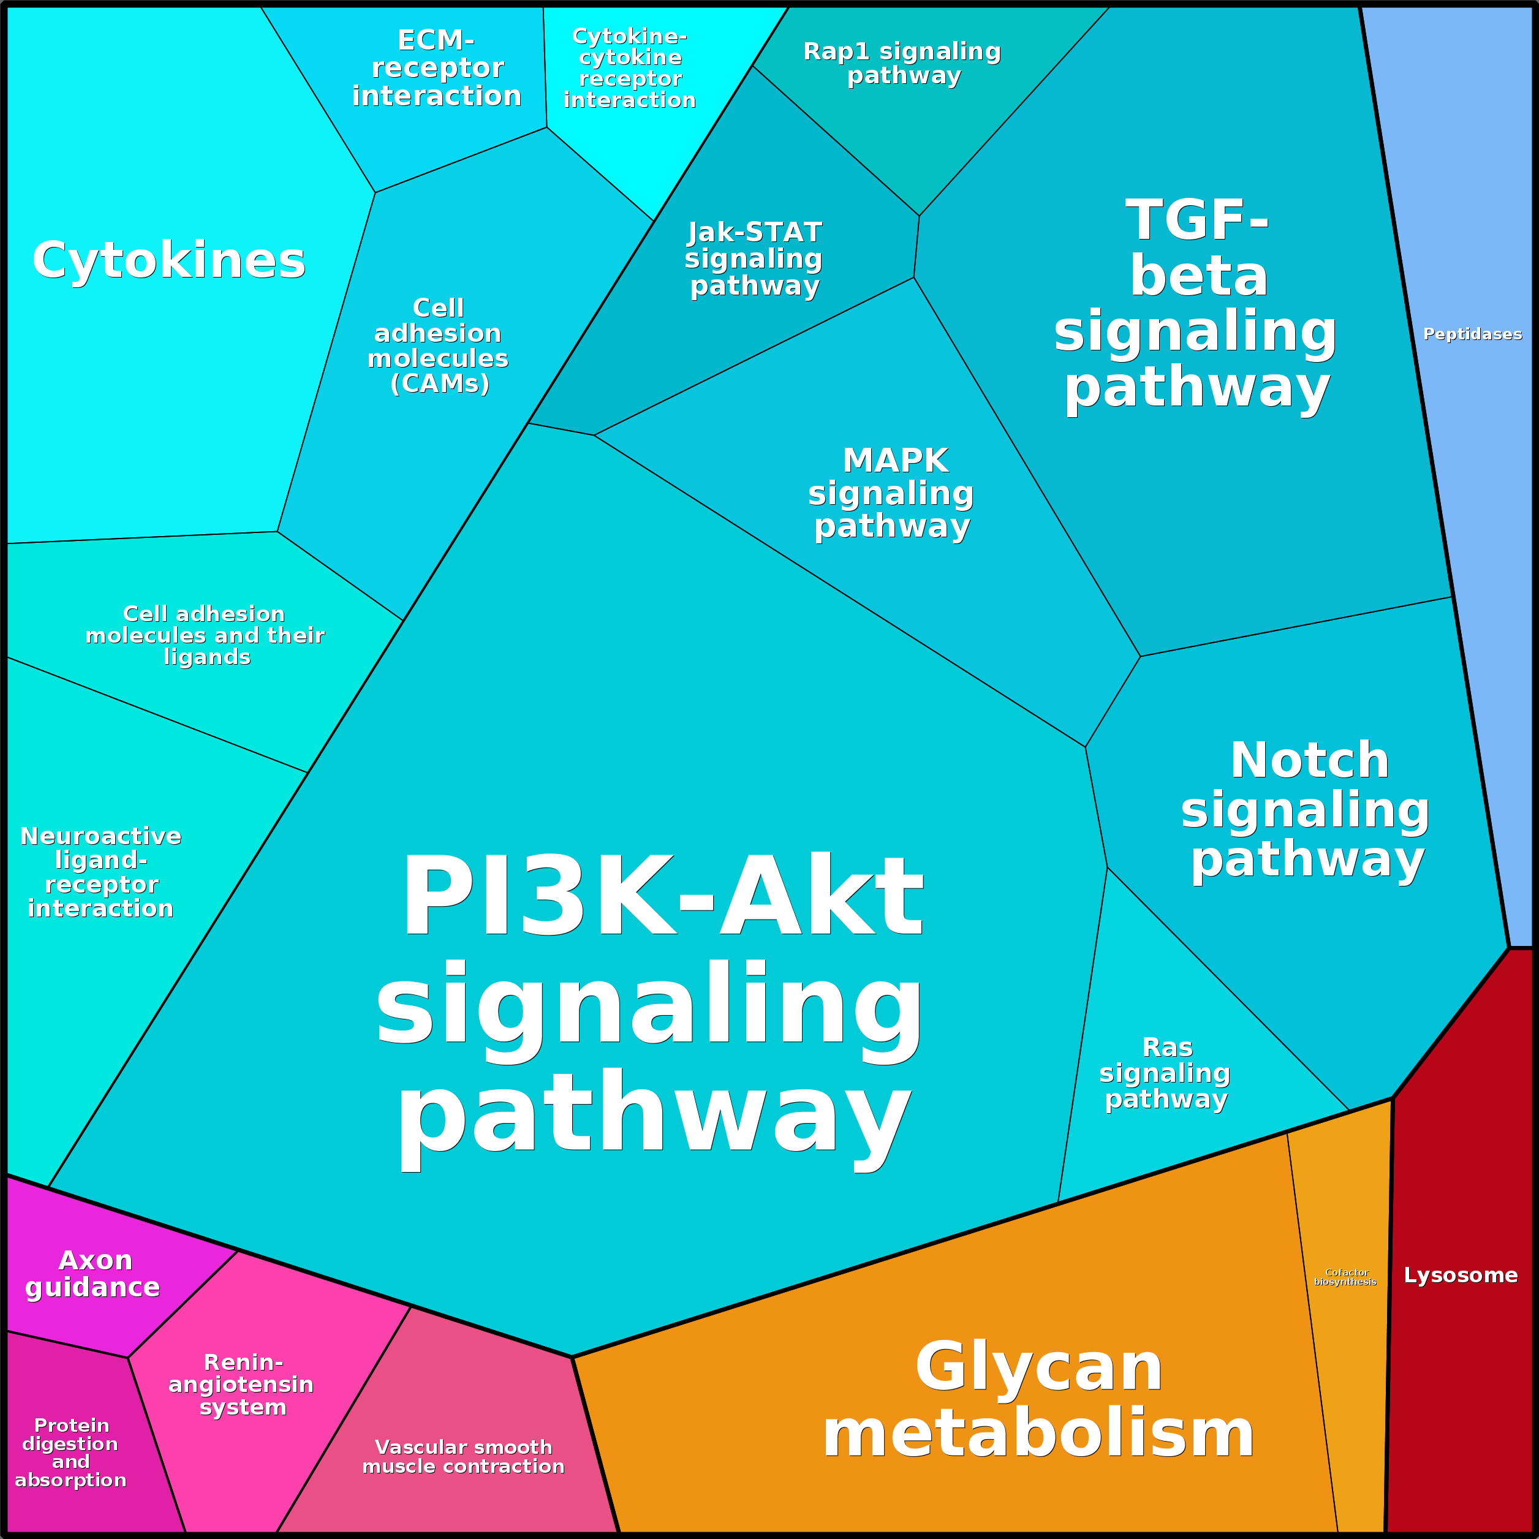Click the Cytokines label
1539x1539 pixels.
[x=169, y=260]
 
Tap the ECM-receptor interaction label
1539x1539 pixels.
[x=437, y=69]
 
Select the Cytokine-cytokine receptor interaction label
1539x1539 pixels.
[x=629, y=69]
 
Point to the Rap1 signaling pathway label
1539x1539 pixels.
[x=902, y=63]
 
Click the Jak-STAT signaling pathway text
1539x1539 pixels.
[x=754, y=260]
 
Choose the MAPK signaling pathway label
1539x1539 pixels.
[x=891, y=494]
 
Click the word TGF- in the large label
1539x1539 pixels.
[x=1197, y=220]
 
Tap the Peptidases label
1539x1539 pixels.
[x=1473, y=334]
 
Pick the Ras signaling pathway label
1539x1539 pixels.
[x=1165, y=1073]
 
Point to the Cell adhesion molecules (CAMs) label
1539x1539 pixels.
[x=438, y=346]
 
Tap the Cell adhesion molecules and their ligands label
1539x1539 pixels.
[x=205, y=635]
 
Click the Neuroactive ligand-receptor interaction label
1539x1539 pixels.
[x=101, y=872]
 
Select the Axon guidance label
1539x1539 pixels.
[x=93, y=1274]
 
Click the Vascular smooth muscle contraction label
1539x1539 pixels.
[x=464, y=1457]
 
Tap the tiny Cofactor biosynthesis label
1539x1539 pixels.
[x=1345, y=1277]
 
